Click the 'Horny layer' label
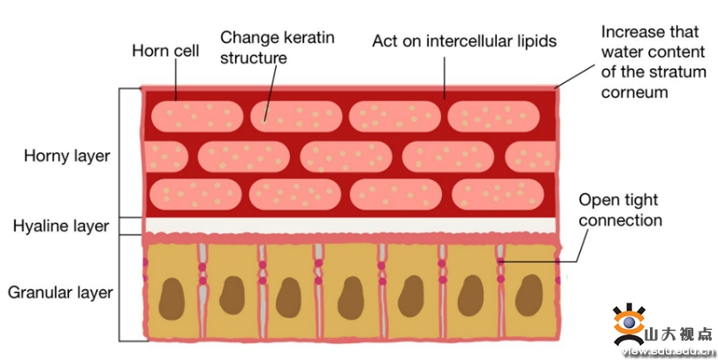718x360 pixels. point(67,157)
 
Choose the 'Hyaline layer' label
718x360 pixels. point(61,226)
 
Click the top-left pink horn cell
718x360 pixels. point(194,116)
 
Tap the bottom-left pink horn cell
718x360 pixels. point(194,193)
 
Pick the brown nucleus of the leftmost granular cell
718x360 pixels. point(173,297)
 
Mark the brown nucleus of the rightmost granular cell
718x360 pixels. point(529,294)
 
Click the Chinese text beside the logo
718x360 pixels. point(677,333)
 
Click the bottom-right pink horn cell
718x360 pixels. point(495,193)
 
